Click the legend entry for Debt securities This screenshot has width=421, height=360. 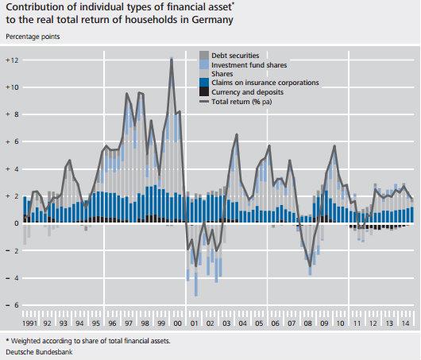[x=235, y=56]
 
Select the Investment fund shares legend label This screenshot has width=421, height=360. [x=248, y=64]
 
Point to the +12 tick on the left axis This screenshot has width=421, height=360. [x=10, y=60]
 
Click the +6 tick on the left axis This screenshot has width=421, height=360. [x=10, y=142]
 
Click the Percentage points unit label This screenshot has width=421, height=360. [x=33, y=37]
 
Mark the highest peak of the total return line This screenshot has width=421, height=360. [x=172, y=59]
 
